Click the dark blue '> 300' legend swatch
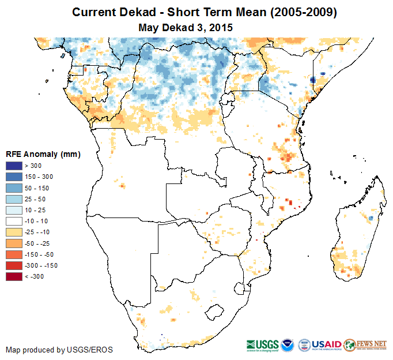pyautogui.click(x=14, y=166)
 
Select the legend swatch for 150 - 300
pyautogui.click(x=14, y=177)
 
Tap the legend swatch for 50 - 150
pyautogui.click(x=14, y=188)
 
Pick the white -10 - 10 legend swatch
pyautogui.click(x=14, y=222)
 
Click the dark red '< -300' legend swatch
pyautogui.click(x=14, y=277)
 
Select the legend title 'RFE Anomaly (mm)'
pyautogui.click(x=43, y=155)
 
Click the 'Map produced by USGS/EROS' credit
pyautogui.click(x=59, y=350)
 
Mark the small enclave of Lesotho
pyautogui.click(x=214, y=312)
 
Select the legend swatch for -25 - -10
pyautogui.click(x=14, y=232)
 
